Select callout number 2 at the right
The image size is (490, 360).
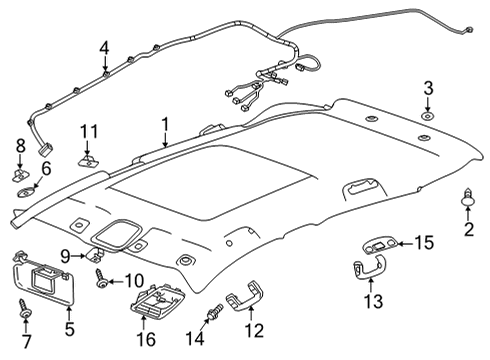[467, 231]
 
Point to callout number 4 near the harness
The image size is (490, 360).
[105, 47]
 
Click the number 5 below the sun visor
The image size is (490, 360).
[68, 327]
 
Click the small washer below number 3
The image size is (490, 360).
[427, 117]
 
